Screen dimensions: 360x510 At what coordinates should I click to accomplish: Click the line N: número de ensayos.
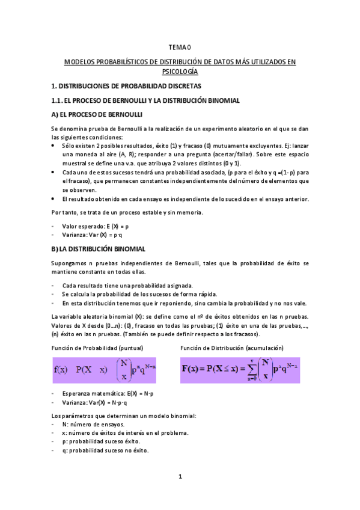point(93,424)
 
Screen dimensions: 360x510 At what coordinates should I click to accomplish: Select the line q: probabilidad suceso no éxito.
point(105,450)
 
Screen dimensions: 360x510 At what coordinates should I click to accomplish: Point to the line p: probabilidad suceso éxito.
point(100,441)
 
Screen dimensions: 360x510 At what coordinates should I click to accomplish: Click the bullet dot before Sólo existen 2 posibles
point(55,146)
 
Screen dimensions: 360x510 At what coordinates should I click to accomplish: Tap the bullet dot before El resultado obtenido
point(55,198)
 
